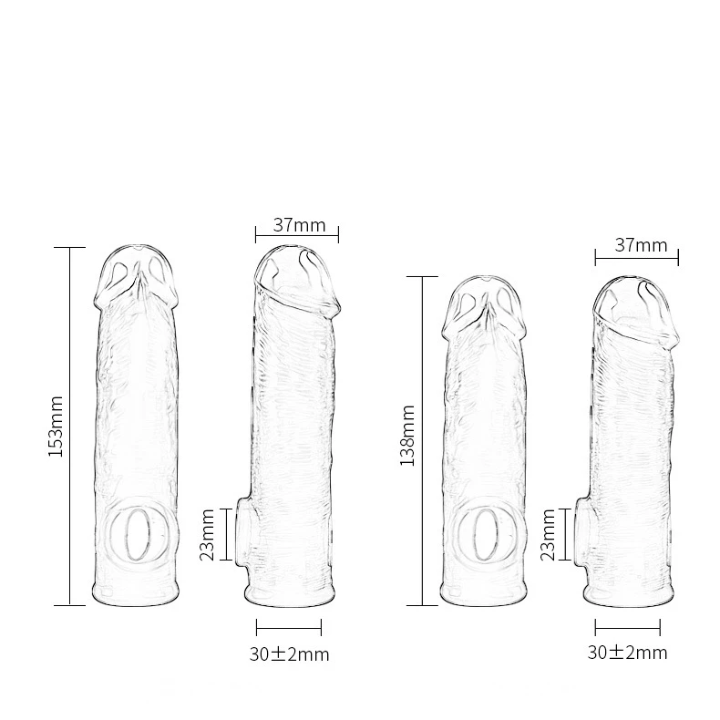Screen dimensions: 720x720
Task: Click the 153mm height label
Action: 56,427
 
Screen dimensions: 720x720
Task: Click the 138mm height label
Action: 407,436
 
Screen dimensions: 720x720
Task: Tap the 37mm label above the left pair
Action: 299,225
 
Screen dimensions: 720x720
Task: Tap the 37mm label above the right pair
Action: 641,245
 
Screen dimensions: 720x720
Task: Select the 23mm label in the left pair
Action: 207,534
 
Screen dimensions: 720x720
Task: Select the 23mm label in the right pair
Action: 549,534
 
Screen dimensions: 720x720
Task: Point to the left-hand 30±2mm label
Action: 289,653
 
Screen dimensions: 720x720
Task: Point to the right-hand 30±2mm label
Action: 627,652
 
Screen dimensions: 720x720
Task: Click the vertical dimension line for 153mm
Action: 70,427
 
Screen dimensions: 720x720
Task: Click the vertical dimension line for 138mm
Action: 422,441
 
